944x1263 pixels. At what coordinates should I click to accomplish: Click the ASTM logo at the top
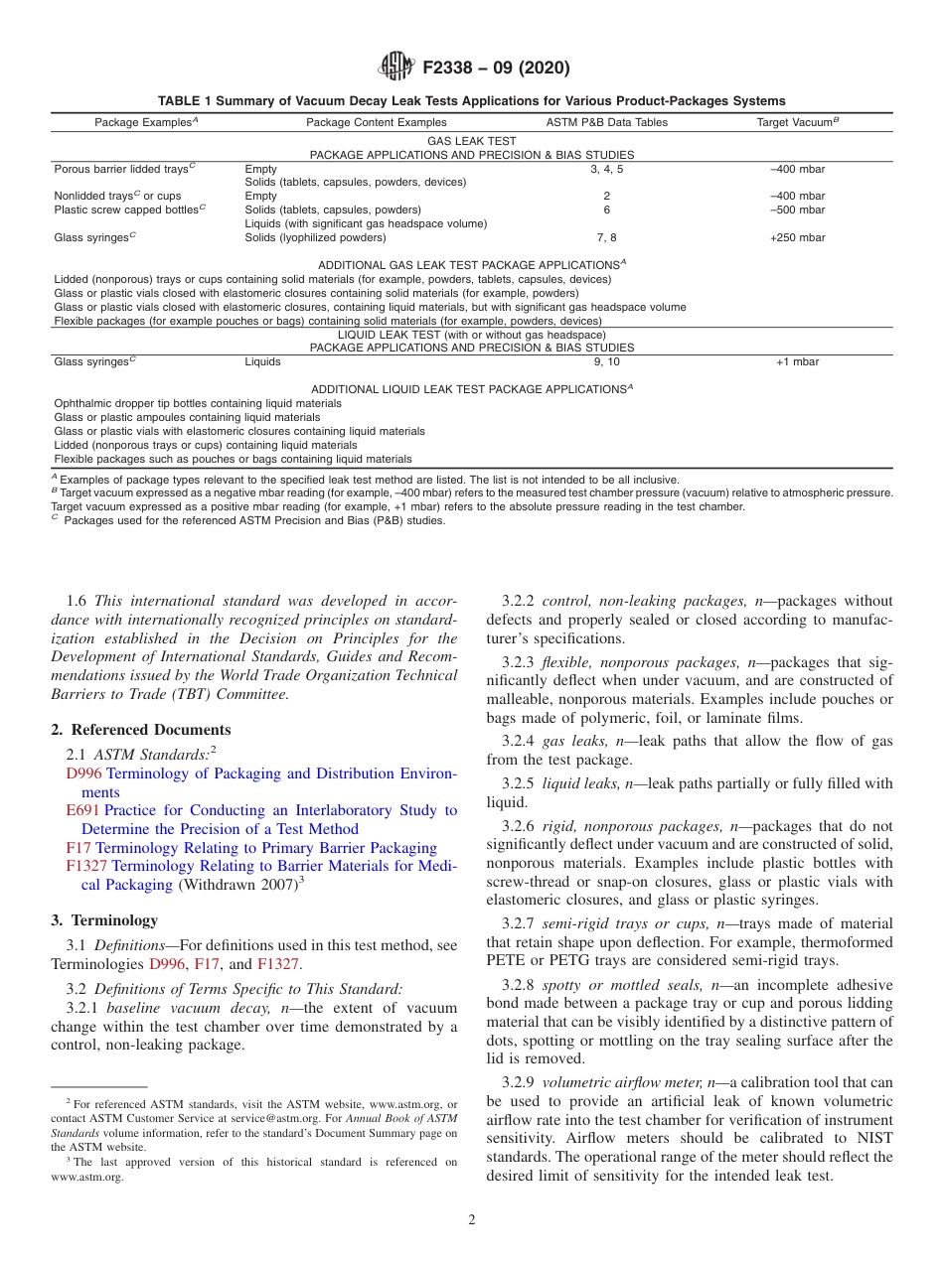(396, 68)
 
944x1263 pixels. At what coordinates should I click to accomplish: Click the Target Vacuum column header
(796, 122)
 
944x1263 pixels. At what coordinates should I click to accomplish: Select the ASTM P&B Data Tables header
(606, 122)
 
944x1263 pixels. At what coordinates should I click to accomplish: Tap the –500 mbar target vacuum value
(797, 210)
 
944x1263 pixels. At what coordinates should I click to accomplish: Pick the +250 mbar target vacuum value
(797, 237)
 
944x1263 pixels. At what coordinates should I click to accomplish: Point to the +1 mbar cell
(797, 361)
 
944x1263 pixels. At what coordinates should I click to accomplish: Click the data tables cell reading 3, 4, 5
(606, 169)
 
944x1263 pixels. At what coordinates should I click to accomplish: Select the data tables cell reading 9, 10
(606, 361)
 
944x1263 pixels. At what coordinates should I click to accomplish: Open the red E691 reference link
(82, 810)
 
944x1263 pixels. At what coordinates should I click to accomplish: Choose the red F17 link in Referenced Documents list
(79, 848)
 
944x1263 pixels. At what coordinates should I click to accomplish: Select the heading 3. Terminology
(104, 920)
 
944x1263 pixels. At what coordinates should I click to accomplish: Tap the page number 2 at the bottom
(472, 1220)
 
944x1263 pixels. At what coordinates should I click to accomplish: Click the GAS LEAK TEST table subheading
(471, 142)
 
